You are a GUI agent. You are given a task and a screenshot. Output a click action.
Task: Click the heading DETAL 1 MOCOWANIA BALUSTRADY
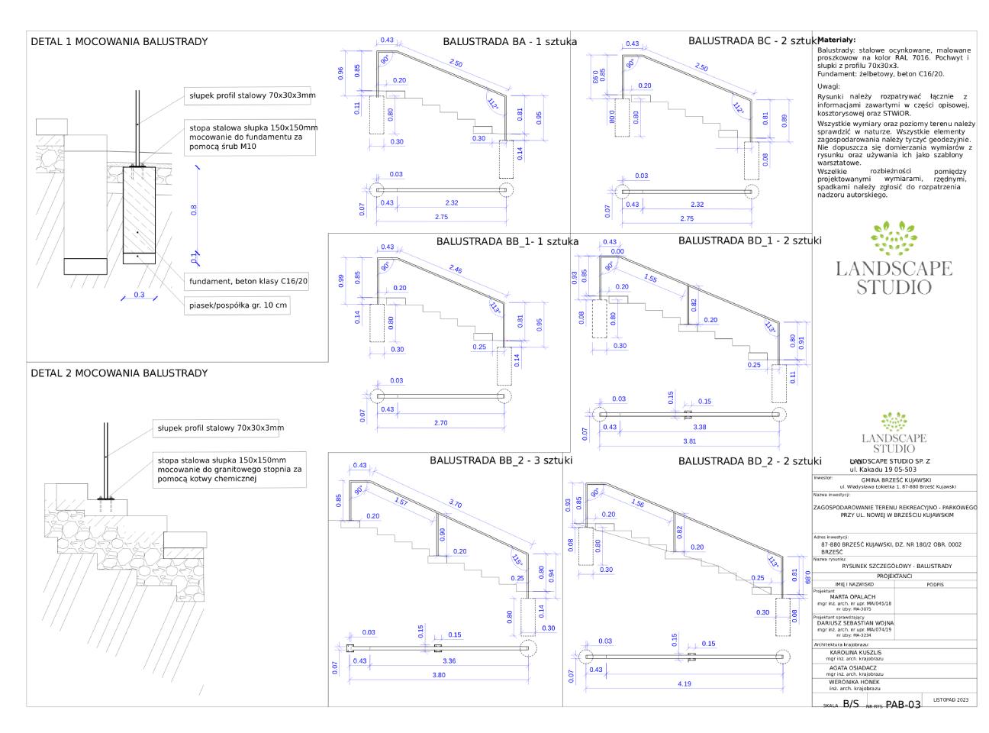click(118, 41)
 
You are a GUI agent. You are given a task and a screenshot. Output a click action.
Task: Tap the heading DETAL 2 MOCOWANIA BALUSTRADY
click(118, 373)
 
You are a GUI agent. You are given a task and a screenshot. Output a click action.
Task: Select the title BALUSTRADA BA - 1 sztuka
click(510, 41)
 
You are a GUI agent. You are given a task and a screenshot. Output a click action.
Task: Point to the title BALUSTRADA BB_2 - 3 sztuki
click(501, 460)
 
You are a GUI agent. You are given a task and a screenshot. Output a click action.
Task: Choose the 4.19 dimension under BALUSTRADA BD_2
click(683, 684)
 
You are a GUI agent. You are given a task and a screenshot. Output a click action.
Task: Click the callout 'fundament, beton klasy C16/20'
click(249, 282)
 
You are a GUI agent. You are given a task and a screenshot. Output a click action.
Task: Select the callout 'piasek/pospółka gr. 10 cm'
click(239, 305)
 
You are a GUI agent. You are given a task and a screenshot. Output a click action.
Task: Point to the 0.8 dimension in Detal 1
click(193, 209)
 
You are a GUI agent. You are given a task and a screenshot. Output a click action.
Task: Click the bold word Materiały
click(836, 40)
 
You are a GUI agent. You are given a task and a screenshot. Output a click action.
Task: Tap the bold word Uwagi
click(830, 86)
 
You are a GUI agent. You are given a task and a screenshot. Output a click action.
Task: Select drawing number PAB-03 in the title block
click(903, 704)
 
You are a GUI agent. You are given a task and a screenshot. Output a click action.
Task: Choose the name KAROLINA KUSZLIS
click(855, 653)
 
